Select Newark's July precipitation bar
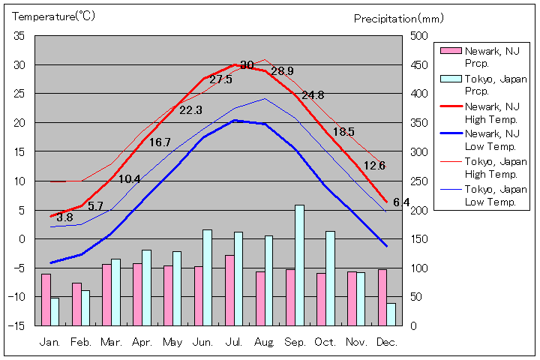[229, 290]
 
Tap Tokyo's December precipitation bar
[391, 314]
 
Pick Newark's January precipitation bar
[46, 299]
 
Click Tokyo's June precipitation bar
[207, 277]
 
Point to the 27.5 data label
[220, 79]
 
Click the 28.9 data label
[282, 71]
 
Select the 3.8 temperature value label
[64, 218]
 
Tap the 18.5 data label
[343, 132]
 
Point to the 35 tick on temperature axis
[19, 36]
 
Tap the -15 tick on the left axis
[17, 325]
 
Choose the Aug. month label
[264, 342]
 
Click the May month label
[172, 342]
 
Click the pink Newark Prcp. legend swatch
[450, 51]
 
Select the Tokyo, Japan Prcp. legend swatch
[450, 79]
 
